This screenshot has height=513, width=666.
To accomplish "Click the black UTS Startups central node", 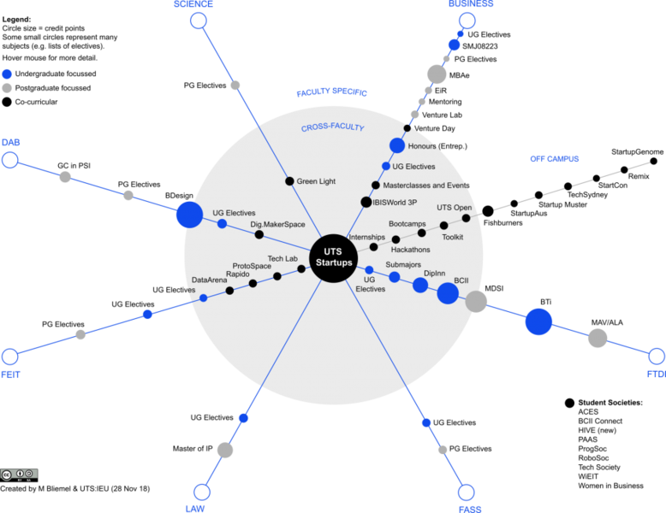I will coord(332,256).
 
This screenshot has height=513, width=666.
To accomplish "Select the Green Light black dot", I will coord(289,181).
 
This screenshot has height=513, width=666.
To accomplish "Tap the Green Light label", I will coord(316,181).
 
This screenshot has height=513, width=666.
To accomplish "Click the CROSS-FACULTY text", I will coord(332,128).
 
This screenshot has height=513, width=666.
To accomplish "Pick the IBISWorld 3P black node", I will coord(366,203).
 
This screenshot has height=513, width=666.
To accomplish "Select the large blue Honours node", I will coord(397,145).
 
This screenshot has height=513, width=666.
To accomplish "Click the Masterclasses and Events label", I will coord(425,186).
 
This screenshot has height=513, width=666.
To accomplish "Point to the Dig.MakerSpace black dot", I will coord(259,234).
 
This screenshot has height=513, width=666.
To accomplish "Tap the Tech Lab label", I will coord(282,258).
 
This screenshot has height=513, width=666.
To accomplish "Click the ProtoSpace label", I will coord(252,266).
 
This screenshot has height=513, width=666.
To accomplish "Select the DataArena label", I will coord(209,280).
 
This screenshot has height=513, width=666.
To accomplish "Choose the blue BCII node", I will coord(448,293).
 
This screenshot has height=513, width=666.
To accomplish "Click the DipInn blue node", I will coord(420,285).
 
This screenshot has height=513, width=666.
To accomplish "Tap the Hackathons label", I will coord(410,250).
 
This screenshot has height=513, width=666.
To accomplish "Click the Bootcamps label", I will coord(407,224).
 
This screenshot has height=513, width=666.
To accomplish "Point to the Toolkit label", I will coord(452,237).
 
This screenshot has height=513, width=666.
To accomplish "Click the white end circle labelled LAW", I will coord(202,492).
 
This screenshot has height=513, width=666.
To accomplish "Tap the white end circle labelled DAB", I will coord(10,161).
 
